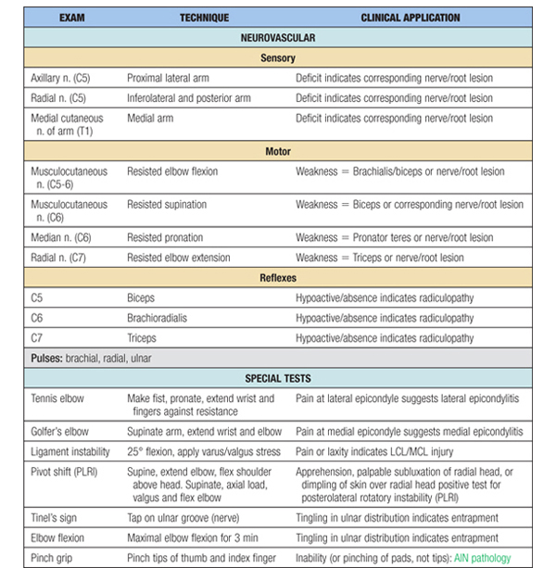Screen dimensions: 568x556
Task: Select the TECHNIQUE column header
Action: coord(205,18)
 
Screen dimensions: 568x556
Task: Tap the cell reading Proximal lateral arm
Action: coord(173,79)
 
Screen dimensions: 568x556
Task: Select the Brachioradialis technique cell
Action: coord(159,317)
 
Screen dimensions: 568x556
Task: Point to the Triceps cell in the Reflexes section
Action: coord(142,337)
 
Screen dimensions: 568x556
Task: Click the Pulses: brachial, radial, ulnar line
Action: coord(93,358)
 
